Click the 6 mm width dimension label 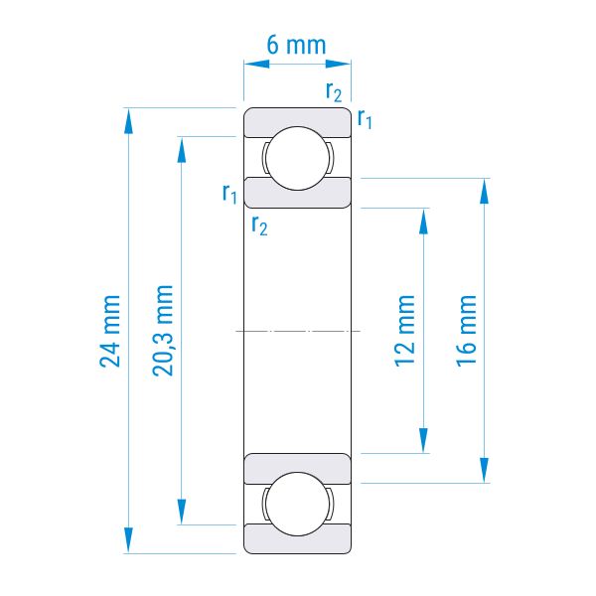click(296, 46)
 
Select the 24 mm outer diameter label click(110, 331)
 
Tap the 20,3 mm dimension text click(163, 331)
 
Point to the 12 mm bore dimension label click(404, 331)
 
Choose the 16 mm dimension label click(466, 331)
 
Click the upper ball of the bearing click(297, 158)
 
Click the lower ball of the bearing click(297, 504)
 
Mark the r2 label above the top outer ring click(334, 91)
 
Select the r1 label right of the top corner click(365, 118)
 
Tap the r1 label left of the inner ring click(229, 193)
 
